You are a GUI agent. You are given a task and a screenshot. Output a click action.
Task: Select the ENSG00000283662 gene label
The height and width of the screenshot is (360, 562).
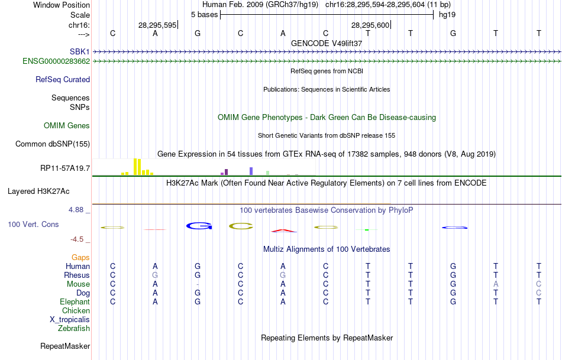coord(56,61)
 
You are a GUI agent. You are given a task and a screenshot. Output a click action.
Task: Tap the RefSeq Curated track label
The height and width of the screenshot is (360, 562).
coord(63,79)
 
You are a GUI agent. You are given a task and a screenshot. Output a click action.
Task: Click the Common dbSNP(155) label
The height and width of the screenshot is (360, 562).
coord(53,144)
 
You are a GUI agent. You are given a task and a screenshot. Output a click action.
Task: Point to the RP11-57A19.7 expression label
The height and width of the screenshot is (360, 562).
coord(65,168)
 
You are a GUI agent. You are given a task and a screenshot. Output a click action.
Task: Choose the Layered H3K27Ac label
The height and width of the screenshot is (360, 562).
coord(38,191)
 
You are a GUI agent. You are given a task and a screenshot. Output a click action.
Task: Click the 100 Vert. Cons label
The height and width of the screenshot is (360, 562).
coord(33,225)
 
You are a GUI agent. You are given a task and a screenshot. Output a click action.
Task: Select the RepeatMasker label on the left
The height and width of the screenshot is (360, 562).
coord(65,346)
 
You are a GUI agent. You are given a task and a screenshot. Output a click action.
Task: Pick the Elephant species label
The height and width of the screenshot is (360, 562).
coord(74,301)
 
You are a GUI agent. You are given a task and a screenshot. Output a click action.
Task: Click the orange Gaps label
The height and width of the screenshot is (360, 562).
coord(80,257)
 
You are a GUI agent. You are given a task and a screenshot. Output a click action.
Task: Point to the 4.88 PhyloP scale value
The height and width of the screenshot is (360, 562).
coord(77,210)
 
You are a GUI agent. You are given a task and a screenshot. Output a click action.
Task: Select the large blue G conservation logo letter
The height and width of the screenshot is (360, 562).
coord(199,226)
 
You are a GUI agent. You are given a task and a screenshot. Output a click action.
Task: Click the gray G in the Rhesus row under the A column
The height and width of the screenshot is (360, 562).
coord(283,275)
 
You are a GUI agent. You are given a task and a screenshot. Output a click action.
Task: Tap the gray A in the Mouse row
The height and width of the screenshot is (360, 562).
coord(496,284)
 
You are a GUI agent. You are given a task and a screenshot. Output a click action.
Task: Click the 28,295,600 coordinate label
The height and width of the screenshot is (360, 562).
coord(370,25)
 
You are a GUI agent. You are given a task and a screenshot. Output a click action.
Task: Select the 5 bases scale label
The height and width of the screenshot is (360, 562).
coord(204,14)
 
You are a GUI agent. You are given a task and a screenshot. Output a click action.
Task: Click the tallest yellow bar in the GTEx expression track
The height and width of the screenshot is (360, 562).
coord(135,167)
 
